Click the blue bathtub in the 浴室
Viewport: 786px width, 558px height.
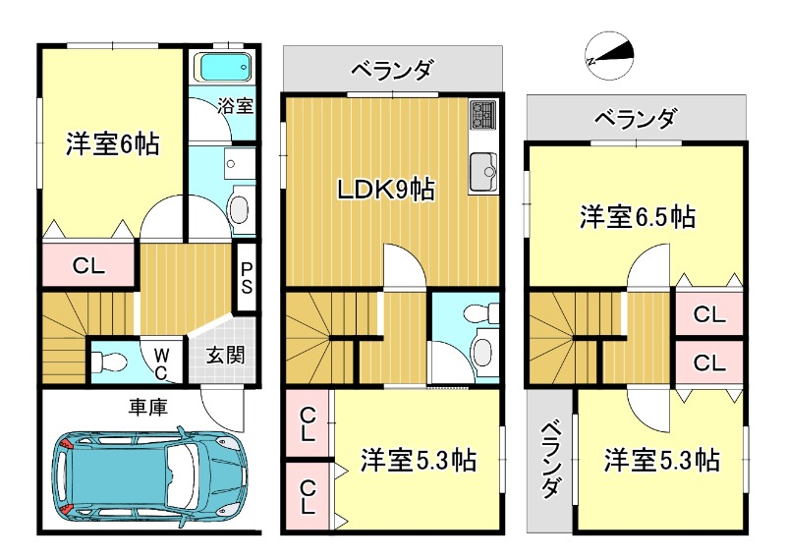[x=225, y=67]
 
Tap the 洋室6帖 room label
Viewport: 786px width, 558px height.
[x=113, y=143]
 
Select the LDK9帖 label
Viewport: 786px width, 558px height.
[x=385, y=190]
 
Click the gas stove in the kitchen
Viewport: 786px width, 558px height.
[x=482, y=114]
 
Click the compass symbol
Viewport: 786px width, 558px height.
[x=610, y=55]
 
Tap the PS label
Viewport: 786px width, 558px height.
[x=247, y=278]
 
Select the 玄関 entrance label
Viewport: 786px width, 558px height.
[x=226, y=356]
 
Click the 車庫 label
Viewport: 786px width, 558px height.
[x=148, y=407]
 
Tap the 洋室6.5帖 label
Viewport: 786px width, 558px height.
[x=638, y=216]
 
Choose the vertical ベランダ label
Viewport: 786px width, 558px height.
[x=551, y=459]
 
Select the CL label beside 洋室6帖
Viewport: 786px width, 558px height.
[x=88, y=265]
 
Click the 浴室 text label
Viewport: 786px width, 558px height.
[x=235, y=106]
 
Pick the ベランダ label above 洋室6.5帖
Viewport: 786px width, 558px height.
[x=635, y=119]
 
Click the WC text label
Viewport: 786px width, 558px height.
[x=160, y=364]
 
